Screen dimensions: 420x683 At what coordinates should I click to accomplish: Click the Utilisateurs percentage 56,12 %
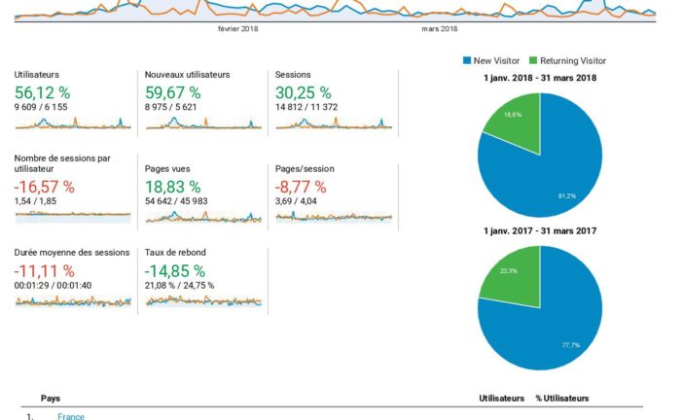(x=42, y=92)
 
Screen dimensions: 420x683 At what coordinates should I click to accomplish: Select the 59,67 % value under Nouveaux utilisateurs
(x=172, y=92)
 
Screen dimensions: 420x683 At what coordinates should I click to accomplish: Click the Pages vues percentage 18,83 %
(x=172, y=186)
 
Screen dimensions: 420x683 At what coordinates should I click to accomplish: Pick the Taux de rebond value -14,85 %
(x=175, y=270)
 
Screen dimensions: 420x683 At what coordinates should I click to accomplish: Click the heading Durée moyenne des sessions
(x=71, y=252)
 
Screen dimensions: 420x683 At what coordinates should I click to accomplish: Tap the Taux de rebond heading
(x=175, y=252)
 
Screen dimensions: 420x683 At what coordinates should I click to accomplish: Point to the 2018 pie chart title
(x=539, y=78)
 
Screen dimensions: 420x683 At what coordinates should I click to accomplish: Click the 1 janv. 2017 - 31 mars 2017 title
(x=539, y=230)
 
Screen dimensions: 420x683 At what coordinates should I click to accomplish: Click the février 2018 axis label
(x=237, y=29)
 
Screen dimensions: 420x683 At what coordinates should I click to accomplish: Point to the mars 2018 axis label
(x=440, y=29)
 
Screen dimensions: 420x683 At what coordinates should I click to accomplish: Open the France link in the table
(x=71, y=416)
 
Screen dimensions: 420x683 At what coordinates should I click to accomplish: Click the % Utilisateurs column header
(x=561, y=399)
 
